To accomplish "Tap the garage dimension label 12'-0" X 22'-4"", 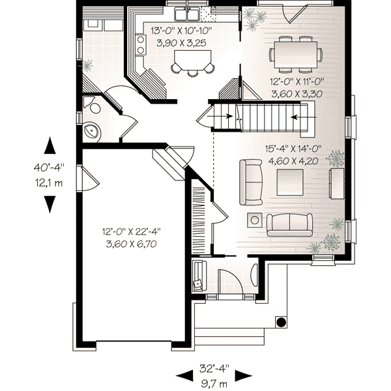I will [131, 231].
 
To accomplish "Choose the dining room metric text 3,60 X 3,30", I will [297, 94].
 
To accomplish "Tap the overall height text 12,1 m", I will [50, 183].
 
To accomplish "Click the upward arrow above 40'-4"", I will [50, 145].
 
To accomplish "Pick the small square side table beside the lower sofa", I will [253, 220].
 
